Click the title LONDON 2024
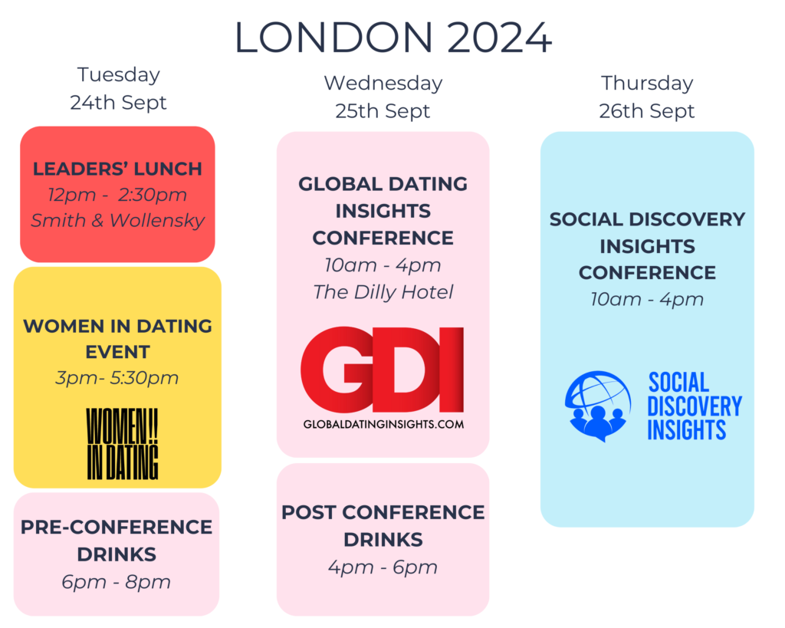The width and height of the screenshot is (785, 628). pyautogui.click(x=393, y=38)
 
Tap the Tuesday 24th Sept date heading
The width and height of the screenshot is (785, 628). pyautogui.click(x=118, y=89)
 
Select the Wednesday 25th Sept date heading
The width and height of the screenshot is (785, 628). pyautogui.click(x=383, y=97)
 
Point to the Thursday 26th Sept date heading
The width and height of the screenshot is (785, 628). pyautogui.click(x=647, y=97)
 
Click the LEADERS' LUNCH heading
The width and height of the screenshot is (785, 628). pyautogui.click(x=117, y=169)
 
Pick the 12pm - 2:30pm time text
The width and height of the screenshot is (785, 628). pyautogui.click(x=117, y=195)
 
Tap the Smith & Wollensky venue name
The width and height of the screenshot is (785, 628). pyautogui.click(x=117, y=220)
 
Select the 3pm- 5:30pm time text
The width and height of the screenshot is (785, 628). pyautogui.click(x=117, y=377)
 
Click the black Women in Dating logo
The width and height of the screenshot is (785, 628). pyautogui.click(x=123, y=444)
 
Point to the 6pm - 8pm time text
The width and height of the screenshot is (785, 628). pyautogui.click(x=117, y=582)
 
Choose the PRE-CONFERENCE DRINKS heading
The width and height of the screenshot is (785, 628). pyautogui.click(x=117, y=541)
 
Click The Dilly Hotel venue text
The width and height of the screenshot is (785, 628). pyautogui.click(x=383, y=292)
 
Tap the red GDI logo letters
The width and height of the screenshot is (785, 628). pyautogui.click(x=383, y=369)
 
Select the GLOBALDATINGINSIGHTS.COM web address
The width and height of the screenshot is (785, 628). pyautogui.click(x=383, y=424)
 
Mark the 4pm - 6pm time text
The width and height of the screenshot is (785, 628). pyautogui.click(x=383, y=567)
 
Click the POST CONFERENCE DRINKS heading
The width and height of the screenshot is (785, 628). pyautogui.click(x=383, y=526)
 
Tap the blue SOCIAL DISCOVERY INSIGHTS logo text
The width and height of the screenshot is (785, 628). pyautogui.click(x=695, y=406)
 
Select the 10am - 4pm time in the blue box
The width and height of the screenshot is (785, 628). pyautogui.click(x=647, y=300)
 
